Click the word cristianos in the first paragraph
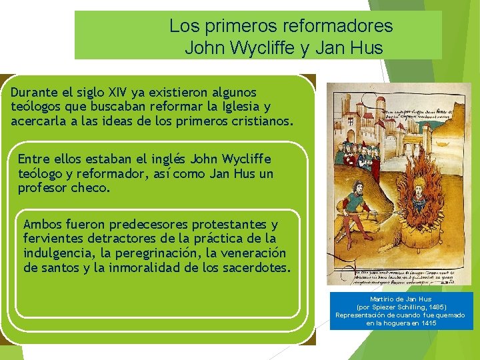pos(261,121)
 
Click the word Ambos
pos(42,224)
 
